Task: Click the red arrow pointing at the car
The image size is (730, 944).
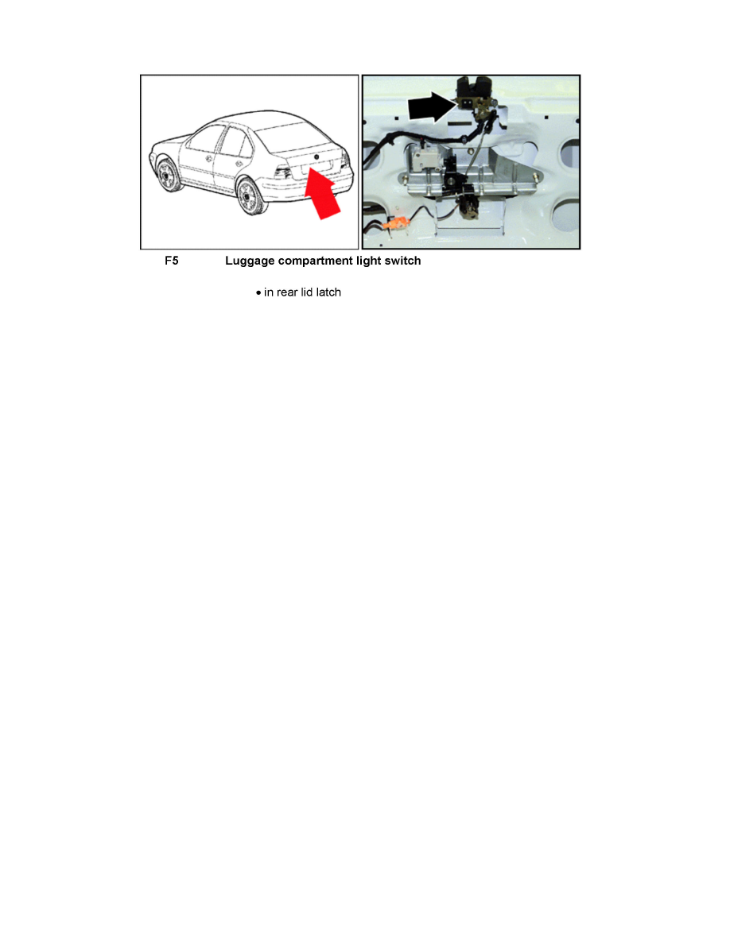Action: click(x=323, y=195)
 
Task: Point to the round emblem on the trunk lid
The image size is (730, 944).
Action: click(x=316, y=157)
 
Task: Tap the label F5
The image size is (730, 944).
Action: click(x=171, y=261)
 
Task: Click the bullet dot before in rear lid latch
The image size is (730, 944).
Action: click(x=258, y=293)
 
